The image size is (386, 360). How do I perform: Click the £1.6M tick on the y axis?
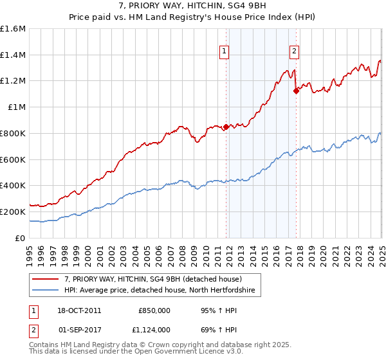coord(14,29)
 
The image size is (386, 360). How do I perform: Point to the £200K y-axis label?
coord(13,212)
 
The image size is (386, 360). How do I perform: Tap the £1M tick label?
coord(17,107)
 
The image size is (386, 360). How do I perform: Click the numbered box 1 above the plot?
coord(223,52)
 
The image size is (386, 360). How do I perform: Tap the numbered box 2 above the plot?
coord(294,52)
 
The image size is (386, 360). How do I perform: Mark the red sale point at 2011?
coord(226,127)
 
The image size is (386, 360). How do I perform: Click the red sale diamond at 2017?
coord(296,91)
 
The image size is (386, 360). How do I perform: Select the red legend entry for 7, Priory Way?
coord(152,279)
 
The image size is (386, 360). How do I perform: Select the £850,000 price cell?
coord(154,310)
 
